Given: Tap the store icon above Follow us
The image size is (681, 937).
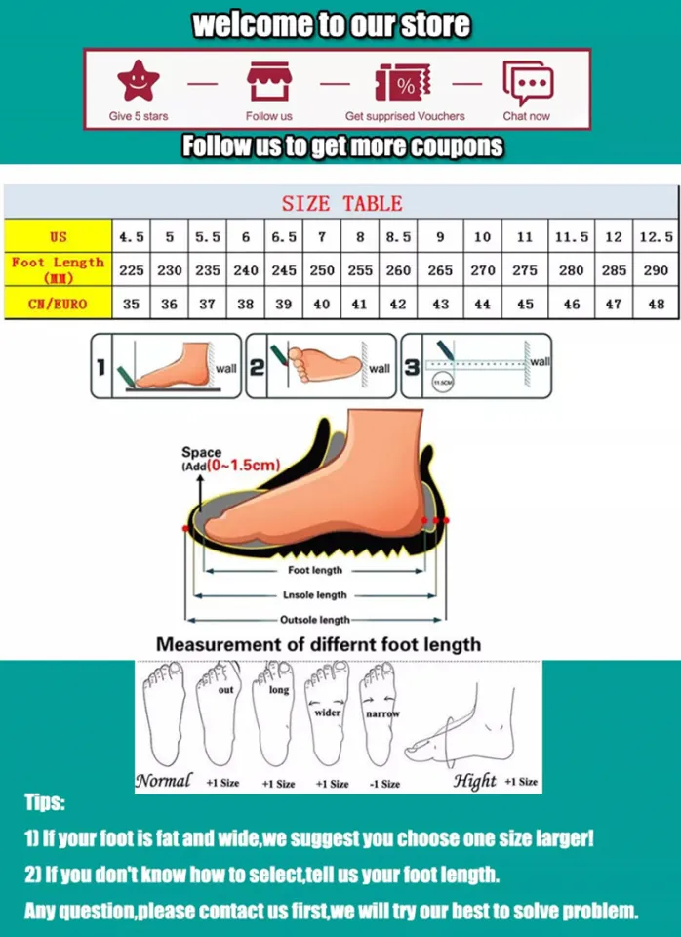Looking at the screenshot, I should pyautogui.click(x=268, y=82).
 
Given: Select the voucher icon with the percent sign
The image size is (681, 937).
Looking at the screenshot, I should pyautogui.click(x=403, y=83).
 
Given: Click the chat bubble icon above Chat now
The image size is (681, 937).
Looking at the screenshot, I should pyautogui.click(x=526, y=82).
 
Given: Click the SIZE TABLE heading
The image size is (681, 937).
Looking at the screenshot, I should pyautogui.click(x=341, y=204).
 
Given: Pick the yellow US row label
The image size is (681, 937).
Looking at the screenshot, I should pyautogui.click(x=59, y=237).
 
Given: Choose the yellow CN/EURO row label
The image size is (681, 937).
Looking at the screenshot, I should pyautogui.click(x=59, y=304).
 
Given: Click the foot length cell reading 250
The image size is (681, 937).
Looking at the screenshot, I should pyautogui.click(x=322, y=270).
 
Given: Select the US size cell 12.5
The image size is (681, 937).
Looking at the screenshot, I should pyautogui.click(x=656, y=237).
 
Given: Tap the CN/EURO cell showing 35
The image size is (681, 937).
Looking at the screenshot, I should pyautogui.click(x=131, y=304).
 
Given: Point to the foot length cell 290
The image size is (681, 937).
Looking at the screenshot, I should pyautogui.click(x=656, y=270).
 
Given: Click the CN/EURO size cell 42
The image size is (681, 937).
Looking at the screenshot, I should pyautogui.click(x=398, y=304).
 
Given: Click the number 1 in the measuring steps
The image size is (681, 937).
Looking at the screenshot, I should pyautogui.click(x=100, y=368).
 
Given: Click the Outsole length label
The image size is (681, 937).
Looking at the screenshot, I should pyautogui.click(x=314, y=620).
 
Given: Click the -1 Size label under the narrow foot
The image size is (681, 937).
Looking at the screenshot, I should pyautogui.click(x=384, y=784).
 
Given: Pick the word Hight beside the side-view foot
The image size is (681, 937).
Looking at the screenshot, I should pyautogui.click(x=475, y=781).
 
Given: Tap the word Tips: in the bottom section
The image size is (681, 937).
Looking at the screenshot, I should pyautogui.click(x=45, y=803).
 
